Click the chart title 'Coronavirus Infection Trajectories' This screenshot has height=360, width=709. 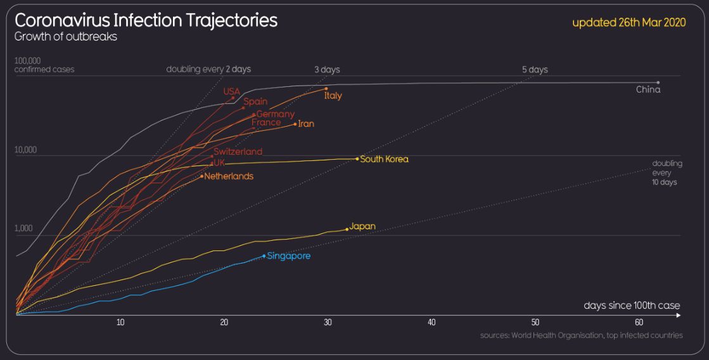[x=146, y=20]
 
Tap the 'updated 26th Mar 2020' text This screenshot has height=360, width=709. [x=629, y=23]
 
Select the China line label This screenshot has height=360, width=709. [x=648, y=90]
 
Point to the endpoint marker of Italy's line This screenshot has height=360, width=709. [x=326, y=89]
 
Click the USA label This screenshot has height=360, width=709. [x=231, y=92]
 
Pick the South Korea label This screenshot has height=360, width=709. [x=384, y=159]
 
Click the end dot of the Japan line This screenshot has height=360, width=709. [x=347, y=229]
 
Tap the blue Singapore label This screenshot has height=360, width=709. [x=288, y=257]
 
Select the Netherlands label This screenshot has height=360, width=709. [x=228, y=176]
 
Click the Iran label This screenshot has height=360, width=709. [x=305, y=124]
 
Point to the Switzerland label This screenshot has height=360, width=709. [x=238, y=151]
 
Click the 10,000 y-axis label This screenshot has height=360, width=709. [x=26, y=150]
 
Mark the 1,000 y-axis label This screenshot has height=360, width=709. [x=24, y=228]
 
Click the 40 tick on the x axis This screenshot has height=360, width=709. [x=431, y=323]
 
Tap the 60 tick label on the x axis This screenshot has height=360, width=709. [x=639, y=323]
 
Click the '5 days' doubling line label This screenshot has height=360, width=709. [x=535, y=70]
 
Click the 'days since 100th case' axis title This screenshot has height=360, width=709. [x=632, y=306]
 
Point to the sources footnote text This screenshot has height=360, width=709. [x=581, y=335]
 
